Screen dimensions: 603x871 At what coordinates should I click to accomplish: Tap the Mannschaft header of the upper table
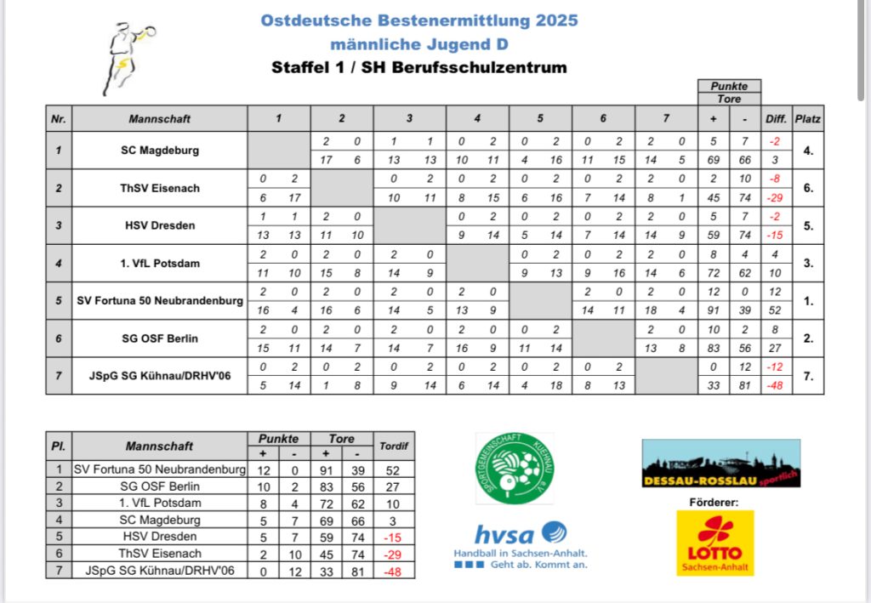tap(160, 119)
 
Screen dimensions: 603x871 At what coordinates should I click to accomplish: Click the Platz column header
tap(807, 119)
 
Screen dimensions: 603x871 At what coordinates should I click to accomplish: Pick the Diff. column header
tap(776, 119)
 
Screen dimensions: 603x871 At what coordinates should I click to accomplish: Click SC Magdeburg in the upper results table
tap(160, 151)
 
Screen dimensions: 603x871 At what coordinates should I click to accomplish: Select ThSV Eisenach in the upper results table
tap(160, 188)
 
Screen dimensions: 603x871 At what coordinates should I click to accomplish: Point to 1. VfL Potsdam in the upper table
tap(160, 263)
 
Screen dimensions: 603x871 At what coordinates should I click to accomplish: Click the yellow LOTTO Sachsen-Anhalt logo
tap(714, 543)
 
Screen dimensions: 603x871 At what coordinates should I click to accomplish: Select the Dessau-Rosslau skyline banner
tap(720, 464)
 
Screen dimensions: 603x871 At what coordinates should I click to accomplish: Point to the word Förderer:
tap(714, 502)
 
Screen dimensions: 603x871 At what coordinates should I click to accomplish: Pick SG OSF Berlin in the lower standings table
tap(160, 486)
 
